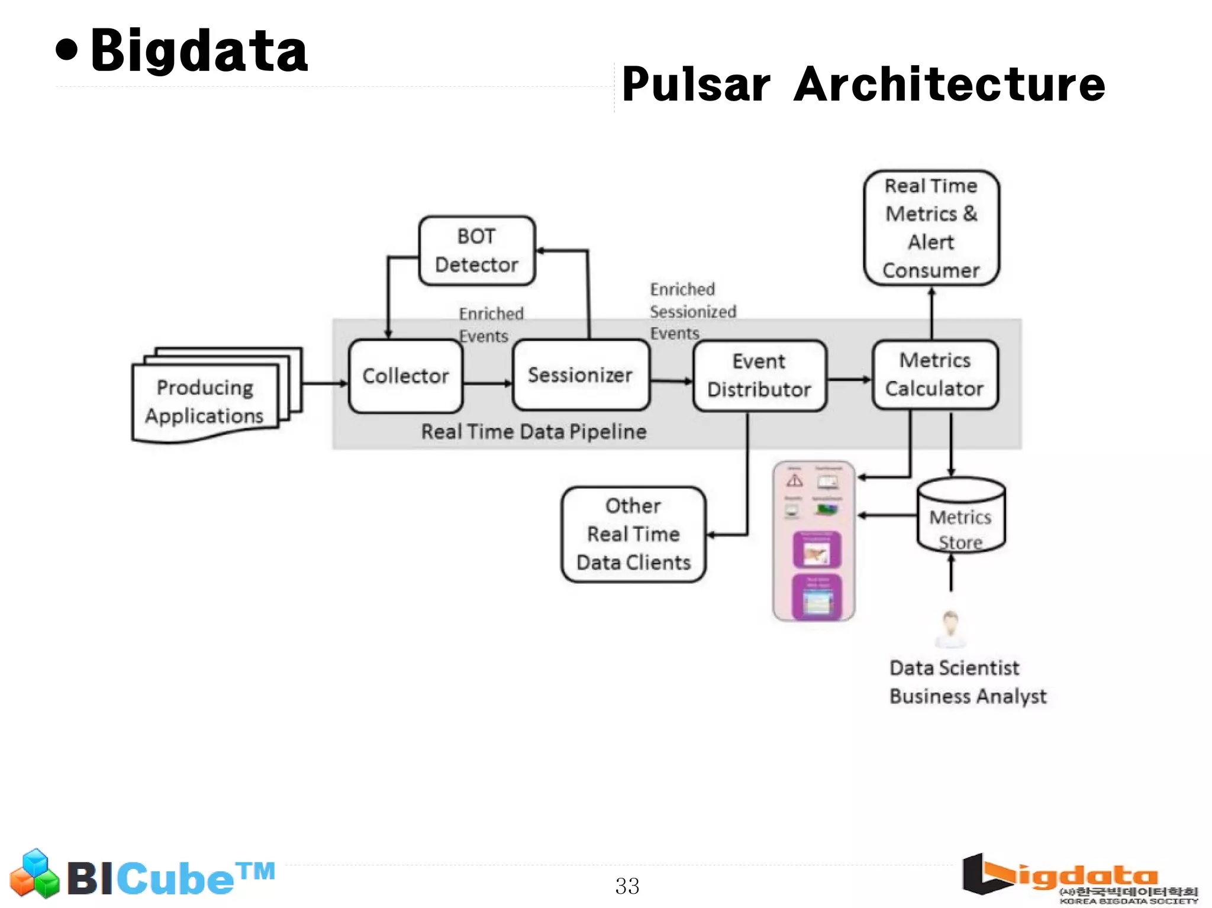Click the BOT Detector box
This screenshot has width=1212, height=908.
(477, 251)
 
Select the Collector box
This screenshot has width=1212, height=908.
(406, 376)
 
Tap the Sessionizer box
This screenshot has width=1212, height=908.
(581, 375)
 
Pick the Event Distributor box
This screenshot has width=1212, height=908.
(759, 376)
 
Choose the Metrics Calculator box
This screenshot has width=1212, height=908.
(934, 375)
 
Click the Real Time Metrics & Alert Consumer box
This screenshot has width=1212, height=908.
(931, 228)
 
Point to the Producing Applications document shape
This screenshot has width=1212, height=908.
(205, 402)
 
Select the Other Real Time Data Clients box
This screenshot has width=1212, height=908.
(633, 534)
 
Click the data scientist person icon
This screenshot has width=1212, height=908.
(950, 629)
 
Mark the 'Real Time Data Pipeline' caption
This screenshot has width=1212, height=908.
(534, 432)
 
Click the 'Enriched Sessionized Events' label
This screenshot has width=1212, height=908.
(692, 311)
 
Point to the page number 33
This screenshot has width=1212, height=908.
(627, 886)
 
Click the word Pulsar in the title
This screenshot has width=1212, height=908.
(696, 85)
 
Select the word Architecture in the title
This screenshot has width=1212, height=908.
(949, 85)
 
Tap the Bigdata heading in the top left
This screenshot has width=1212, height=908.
(199, 51)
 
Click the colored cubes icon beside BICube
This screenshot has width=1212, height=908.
(34, 874)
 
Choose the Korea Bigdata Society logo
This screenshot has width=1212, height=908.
(1079, 878)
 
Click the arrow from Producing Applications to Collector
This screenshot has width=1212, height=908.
(325, 384)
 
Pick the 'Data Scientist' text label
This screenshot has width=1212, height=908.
(954, 668)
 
